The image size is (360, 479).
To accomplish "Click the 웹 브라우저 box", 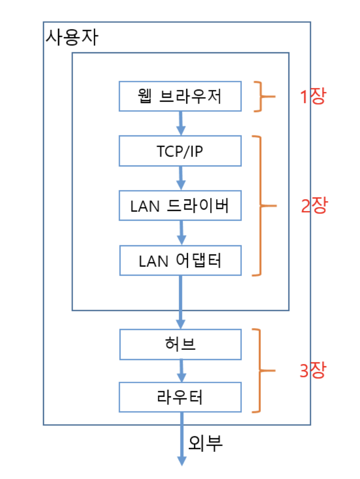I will tap(180, 96).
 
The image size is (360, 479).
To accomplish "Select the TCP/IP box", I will tap(180, 150).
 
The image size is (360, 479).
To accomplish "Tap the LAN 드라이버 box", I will tap(180, 206).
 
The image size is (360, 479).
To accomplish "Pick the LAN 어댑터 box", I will tap(180, 260).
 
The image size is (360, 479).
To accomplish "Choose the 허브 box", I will tap(180, 344).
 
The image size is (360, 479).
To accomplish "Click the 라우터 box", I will tap(180, 397).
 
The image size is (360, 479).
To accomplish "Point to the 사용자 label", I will tap(71, 37).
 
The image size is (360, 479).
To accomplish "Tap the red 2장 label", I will tap(314, 206).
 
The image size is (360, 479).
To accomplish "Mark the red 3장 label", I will tap(314, 371).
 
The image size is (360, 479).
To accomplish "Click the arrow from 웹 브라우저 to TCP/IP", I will tap(180, 123).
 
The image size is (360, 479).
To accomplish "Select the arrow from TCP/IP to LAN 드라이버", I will tap(180, 178).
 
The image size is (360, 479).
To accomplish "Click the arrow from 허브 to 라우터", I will tap(181, 371).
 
